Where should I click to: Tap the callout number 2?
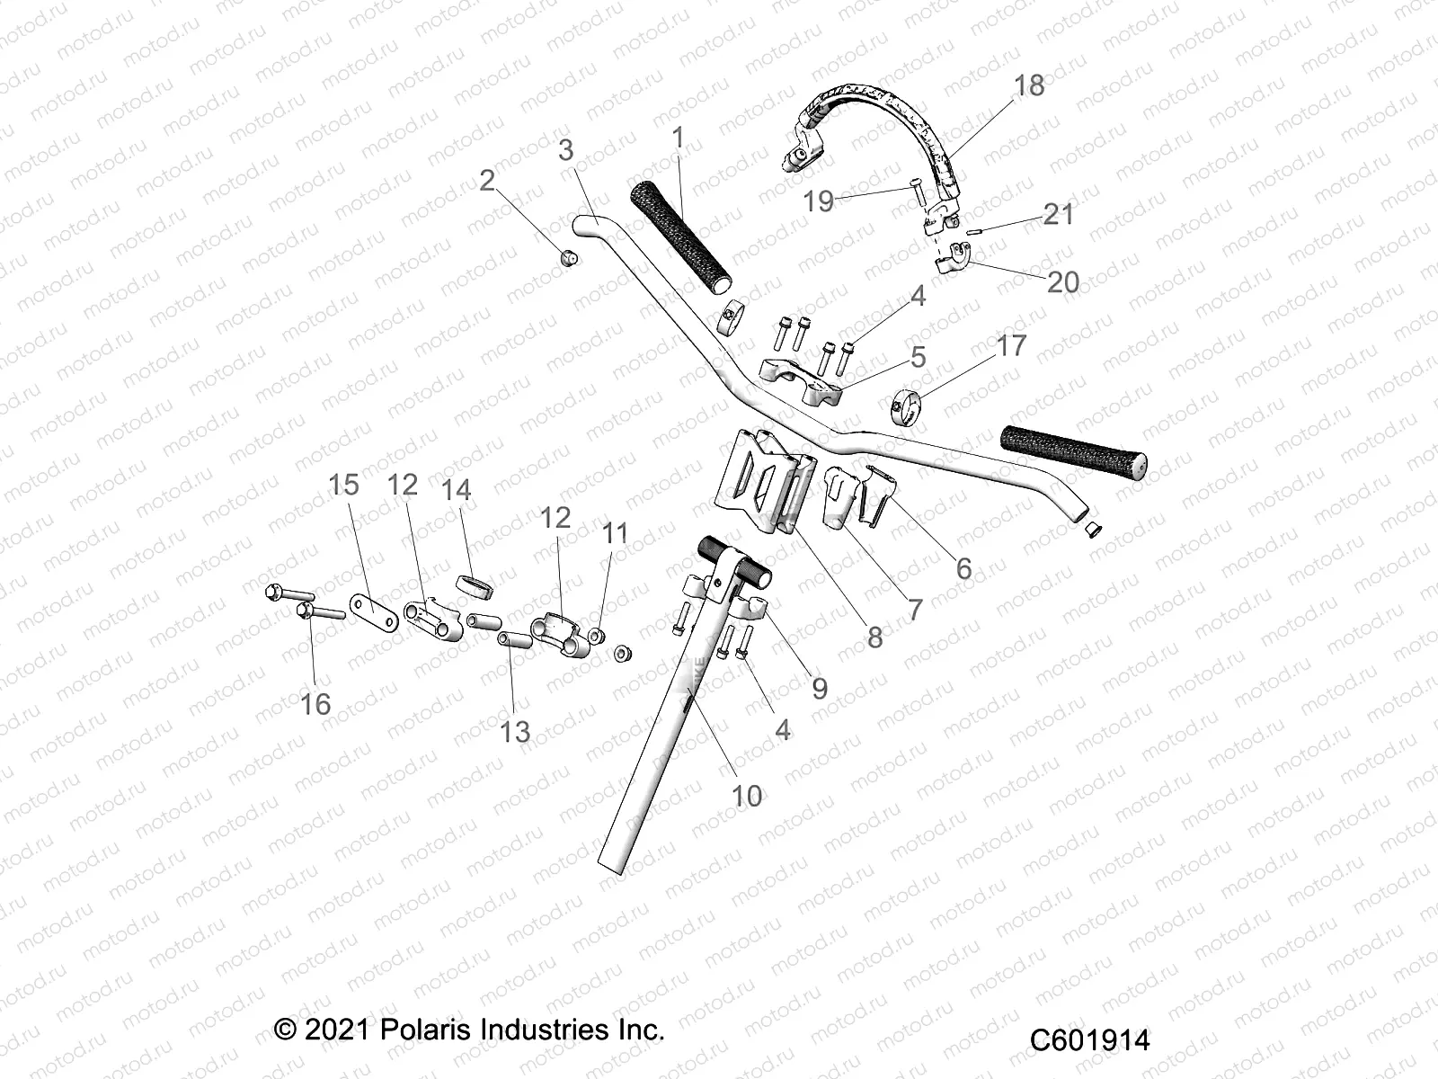pos(487,181)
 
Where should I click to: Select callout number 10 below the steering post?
pos(746,795)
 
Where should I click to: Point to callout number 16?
pos(315,703)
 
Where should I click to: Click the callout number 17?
pos(1012,345)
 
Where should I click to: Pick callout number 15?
pos(343,485)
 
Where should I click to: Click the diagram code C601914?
pos(1089,1040)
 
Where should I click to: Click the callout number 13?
pos(515,731)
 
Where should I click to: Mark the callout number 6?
pos(963,568)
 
